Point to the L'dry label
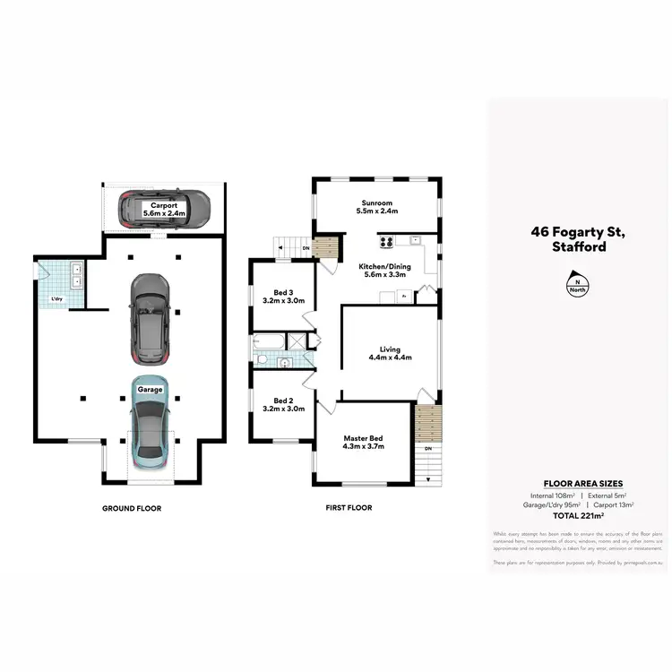[x=56, y=298]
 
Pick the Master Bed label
[x=364, y=439]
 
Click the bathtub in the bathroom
[x=268, y=341]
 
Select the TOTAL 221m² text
[x=578, y=516]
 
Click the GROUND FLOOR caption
[x=132, y=508]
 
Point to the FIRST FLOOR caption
[x=348, y=508]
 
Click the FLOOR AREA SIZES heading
[x=578, y=484]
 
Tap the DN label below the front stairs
[x=428, y=448]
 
